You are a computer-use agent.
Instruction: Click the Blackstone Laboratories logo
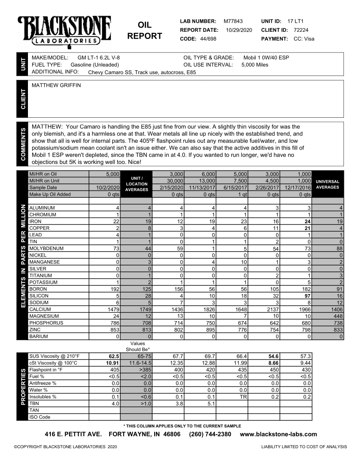coord(64,31)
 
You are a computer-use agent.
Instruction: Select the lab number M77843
coord(233,21)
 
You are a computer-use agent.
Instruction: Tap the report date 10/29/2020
coord(239,30)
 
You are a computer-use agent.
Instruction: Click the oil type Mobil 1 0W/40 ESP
coord(266,58)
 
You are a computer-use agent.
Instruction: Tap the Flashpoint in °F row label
coord(46,370)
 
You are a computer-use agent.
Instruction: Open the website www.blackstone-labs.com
coord(278,434)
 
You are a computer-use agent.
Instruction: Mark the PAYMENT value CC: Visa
coord(304,39)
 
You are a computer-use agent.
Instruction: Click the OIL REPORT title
coord(144,31)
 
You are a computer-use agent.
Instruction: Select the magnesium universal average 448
coord(338,316)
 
